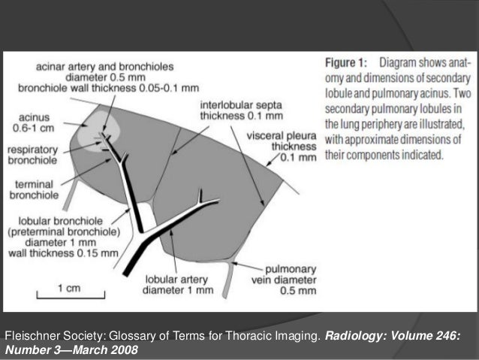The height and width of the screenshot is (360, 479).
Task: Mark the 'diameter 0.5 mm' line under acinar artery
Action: click(127, 76)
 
